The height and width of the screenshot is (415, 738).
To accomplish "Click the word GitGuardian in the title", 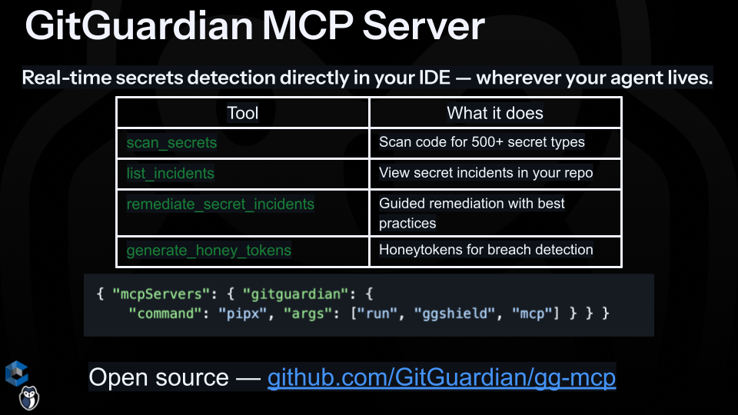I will click(139, 27).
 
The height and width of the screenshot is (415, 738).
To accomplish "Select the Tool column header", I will click(243, 113).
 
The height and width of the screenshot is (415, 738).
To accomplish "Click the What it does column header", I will click(495, 113).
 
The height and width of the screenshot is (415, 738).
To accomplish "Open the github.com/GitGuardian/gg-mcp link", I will click(441, 378).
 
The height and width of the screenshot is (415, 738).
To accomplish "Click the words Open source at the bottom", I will click(158, 378).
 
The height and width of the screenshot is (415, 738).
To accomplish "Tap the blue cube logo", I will click(16, 373).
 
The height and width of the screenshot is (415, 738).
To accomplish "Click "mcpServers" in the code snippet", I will click(156, 294).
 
